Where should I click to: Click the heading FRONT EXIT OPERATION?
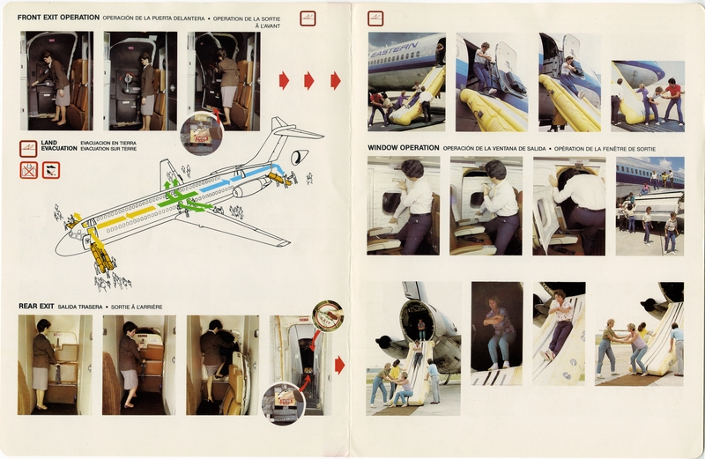coord(58,17)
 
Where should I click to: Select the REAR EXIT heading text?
coord(36,306)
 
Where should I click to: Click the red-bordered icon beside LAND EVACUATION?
coord(27,146)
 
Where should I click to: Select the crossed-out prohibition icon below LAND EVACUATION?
coord(28,169)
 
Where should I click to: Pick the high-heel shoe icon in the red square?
coord(50,169)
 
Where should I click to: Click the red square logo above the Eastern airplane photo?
coord(375,18)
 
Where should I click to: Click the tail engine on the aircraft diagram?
coord(300,157)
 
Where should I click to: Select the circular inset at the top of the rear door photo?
coord(328,315)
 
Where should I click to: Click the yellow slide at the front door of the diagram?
coord(100,254)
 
